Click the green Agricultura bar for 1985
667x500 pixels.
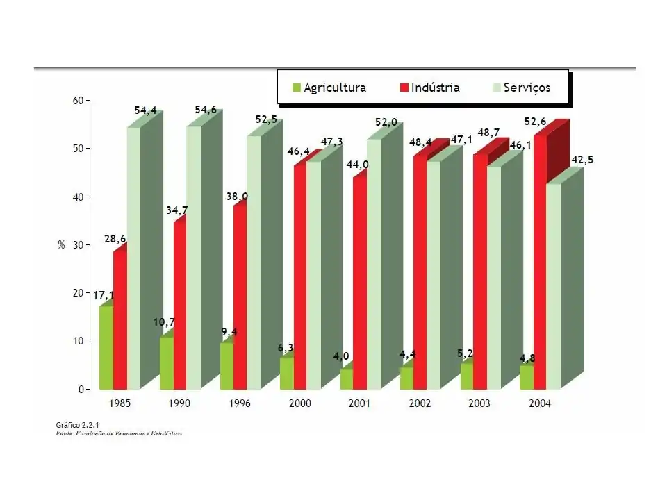pyautogui.click(x=106, y=347)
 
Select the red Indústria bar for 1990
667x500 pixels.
pyautogui.click(x=180, y=306)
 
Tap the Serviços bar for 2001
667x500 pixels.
pyautogui.click(x=374, y=264)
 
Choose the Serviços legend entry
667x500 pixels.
pyautogui.click(x=521, y=87)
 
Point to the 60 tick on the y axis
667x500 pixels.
pyautogui.click(x=77, y=101)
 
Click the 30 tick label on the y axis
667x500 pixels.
pyautogui.click(x=77, y=245)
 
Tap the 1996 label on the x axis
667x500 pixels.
pyautogui.click(x=239, y=403)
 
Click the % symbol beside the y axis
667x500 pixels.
pyautogui.click(x=61, y=245)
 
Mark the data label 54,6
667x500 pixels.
pyautogui.click(x=206, y=110)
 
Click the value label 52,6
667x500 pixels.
pyautogui.click(x=535, y=122)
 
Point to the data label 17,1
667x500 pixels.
pyautogui.click(x=104, y=295)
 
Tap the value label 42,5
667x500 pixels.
pyautogui.click(x=582, y=160)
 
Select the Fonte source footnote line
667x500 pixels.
pyautogui.click(x=119, y=433)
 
